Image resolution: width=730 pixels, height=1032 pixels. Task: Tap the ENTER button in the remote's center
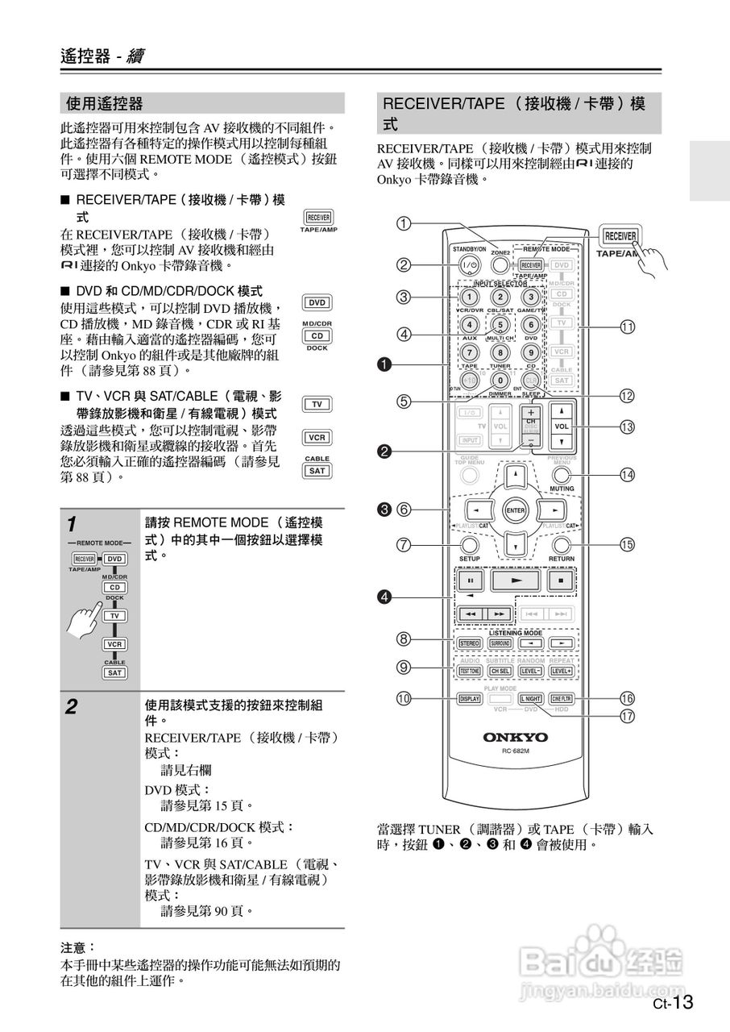click(514, 510)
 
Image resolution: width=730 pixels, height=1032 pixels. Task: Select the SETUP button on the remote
click(469, 544)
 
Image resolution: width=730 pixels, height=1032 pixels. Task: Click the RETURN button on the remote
click(562, 544)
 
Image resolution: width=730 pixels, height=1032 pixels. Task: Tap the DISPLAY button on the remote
click(469, 699)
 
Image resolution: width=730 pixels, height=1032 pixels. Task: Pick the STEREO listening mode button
click(469, 643)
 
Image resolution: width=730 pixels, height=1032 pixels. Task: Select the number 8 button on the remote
click(500, 352)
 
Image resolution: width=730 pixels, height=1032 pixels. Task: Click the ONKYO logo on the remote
click(515, 737)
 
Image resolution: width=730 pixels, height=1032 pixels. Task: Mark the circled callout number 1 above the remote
click(404, 223)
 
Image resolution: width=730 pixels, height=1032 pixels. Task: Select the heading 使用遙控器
click(106, 103)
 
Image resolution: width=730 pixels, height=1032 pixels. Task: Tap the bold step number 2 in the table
click(73, 708)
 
